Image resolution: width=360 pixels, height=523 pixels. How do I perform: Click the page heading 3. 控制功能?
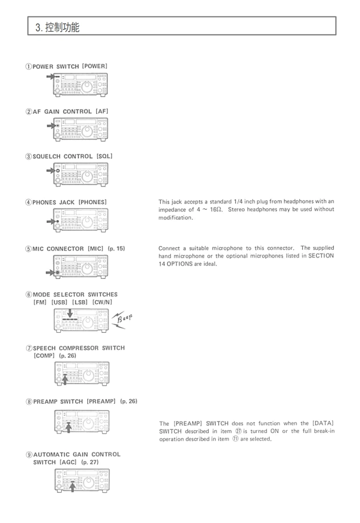(x=57, y=28)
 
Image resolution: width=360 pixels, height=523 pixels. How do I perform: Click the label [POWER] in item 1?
(x=95, y=66)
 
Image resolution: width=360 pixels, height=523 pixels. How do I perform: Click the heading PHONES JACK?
(x=54, y=202)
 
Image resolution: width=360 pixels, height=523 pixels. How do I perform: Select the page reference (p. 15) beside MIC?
(x=116, y=248)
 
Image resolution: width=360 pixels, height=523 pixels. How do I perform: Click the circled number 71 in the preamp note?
(x=235, y=439)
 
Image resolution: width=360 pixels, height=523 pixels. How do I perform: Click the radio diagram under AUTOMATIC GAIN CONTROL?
(x=82, y=481)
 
